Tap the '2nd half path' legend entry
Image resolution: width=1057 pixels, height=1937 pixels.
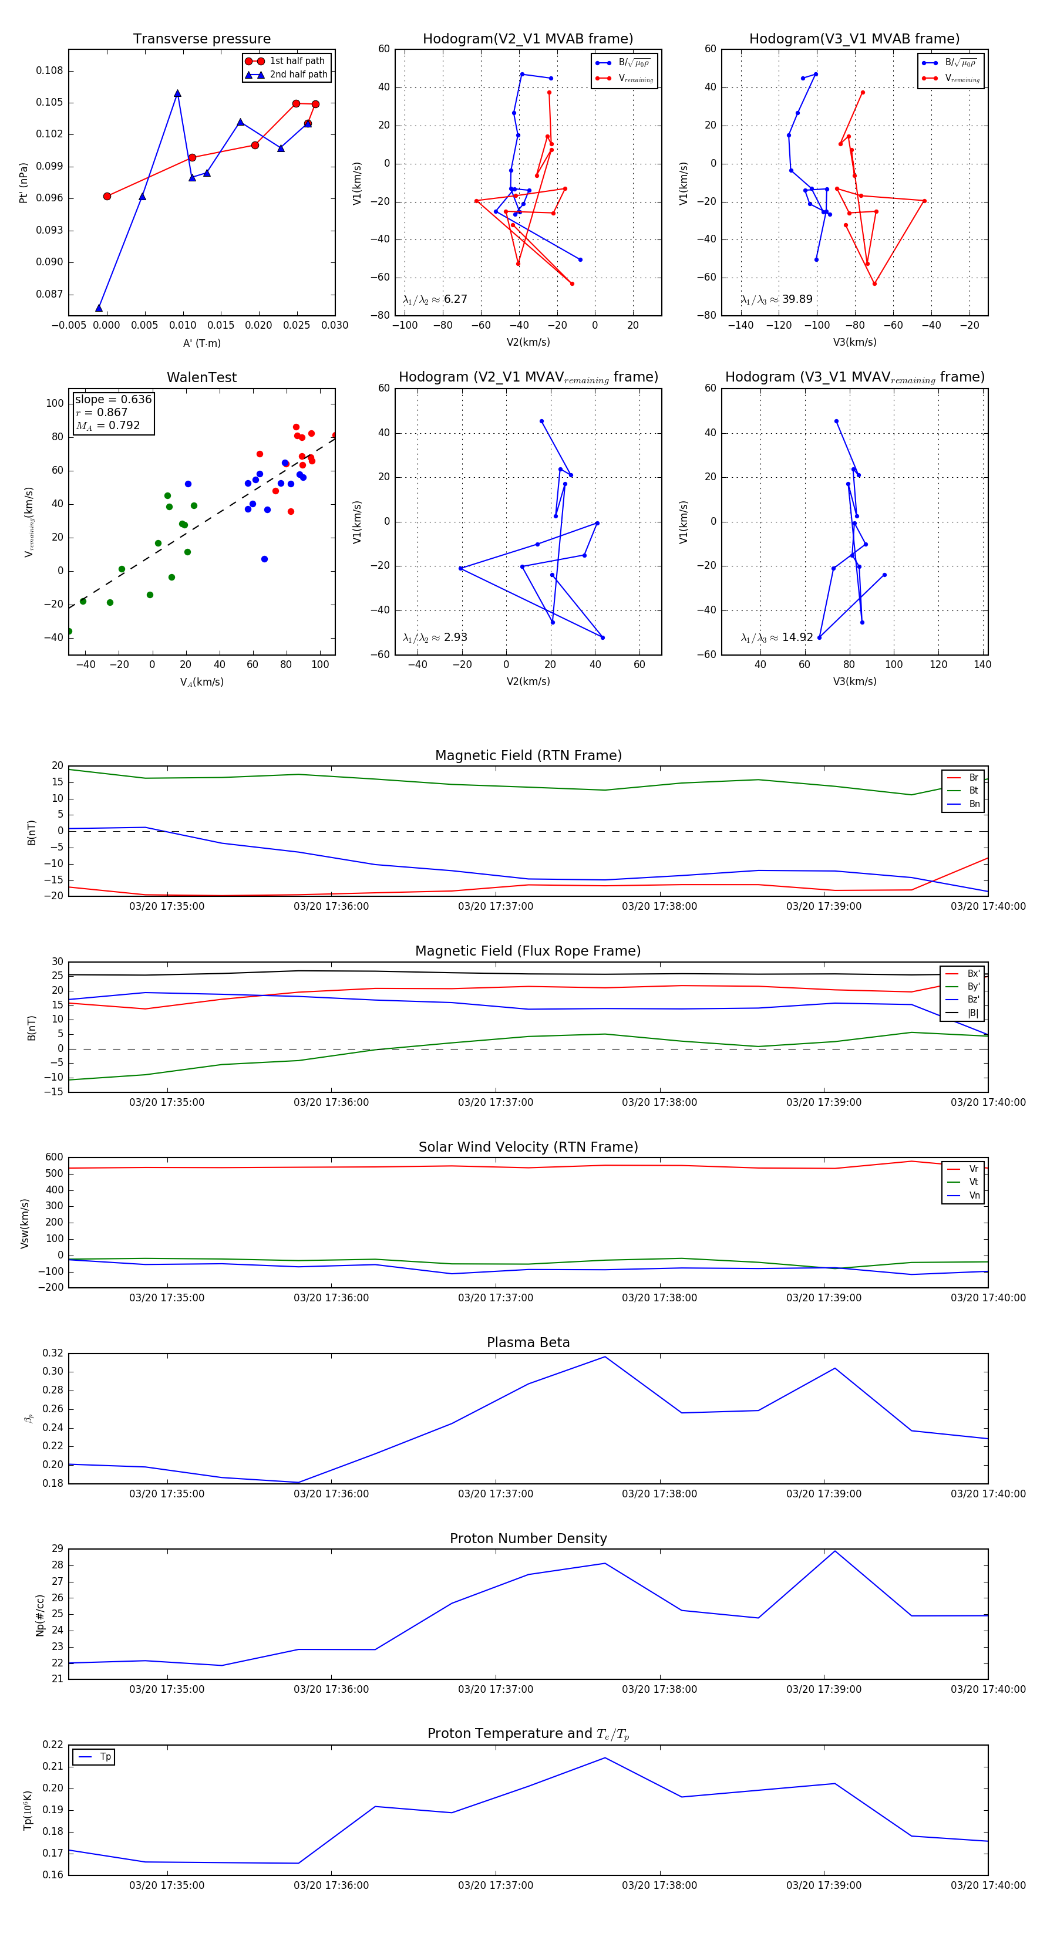click(x=298, y=75)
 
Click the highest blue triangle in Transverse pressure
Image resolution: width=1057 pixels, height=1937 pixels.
click(x=177, y=93)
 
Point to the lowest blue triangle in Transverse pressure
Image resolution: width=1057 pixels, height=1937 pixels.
click(x=99, y=308)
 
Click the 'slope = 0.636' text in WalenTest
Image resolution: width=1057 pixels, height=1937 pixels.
click(x=113, y=399)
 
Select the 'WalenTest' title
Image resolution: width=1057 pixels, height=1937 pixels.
click(x=201, y=377)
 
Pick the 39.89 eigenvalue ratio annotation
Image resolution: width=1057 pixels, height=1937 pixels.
click(x=797, y=299)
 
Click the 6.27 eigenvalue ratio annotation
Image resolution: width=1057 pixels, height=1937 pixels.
click(x=455, y=299)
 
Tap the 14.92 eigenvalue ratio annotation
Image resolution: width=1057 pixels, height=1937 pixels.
click(x=797, y=637)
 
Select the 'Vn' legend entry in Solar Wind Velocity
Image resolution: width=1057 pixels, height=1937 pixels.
click(x=974, y=1196)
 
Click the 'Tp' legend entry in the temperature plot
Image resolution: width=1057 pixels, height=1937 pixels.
click(x=105, y=1757)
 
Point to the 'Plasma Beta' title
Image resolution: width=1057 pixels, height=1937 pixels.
click(x=528, y=1343)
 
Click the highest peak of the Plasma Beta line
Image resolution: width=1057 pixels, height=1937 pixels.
click(x=605, y=1356)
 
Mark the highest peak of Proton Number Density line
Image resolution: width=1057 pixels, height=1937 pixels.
click(x=834, y=1551)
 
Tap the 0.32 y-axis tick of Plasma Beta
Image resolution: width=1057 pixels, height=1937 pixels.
click(x=53, y=1354)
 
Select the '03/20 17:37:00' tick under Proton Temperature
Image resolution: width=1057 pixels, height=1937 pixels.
click(x=495, y=1885)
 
